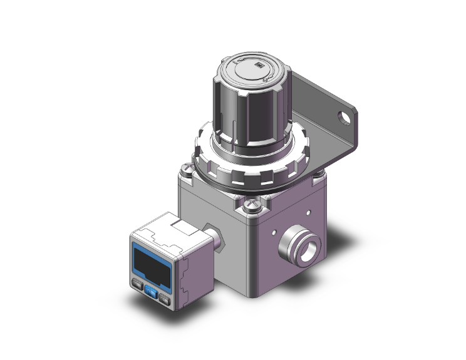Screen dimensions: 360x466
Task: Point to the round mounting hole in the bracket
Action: (344, 116)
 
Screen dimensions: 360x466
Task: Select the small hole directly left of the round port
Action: (274, 234)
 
